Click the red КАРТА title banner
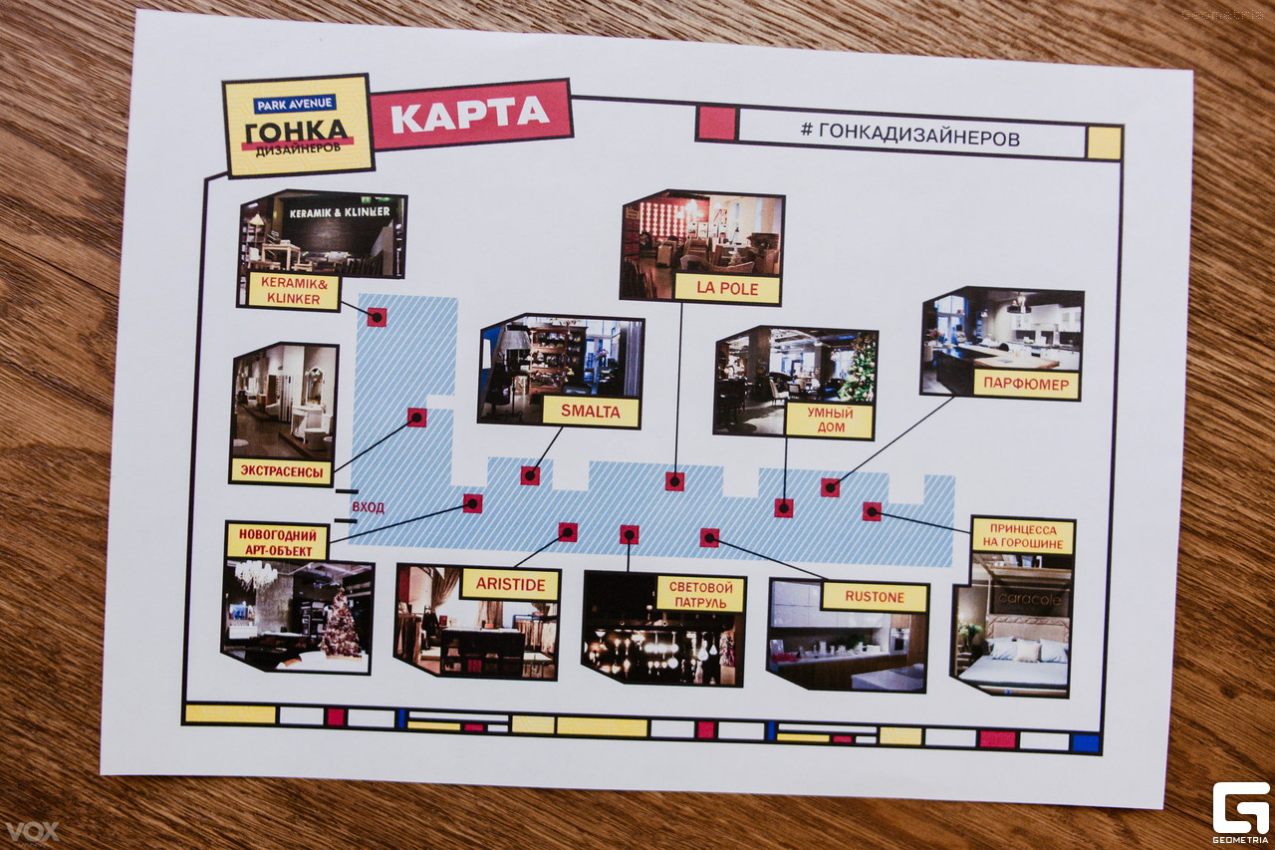coord(470,115)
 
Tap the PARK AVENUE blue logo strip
coord(294,104)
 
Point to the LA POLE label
coord(727,289)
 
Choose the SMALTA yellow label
coord(591,412)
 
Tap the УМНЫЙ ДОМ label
coord(829,420)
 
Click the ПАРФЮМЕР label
coord(1026,385)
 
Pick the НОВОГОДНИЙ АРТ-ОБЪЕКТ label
coord(277,540)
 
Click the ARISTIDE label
coord(509,584)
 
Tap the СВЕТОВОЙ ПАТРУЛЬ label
coord(700,594)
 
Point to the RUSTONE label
coord(875,597)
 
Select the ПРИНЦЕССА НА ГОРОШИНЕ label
coord(1023,536)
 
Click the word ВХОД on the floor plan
coord(369,507)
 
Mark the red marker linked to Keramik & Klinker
coord(377,317)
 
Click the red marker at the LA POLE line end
coord(674,481)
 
